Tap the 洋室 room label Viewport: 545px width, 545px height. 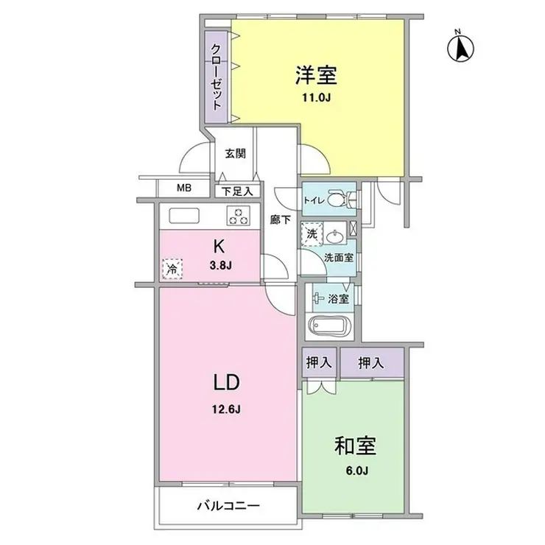pyautogui.click(x=316, y=75)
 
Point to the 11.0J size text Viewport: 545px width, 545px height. pyautogui.click(x=317, y=96)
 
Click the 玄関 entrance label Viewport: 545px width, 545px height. pyautogui.click(x=235, y=154)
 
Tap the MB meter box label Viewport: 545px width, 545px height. pyautogui.click(x=183, y=188)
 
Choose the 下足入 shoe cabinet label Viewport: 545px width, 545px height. pyautogui.click(x=237, y=191)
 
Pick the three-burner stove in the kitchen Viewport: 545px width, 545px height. pyautogui.click(x=237, y=216)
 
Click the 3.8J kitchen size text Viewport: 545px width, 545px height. pyautogui.click(x=219, y=267)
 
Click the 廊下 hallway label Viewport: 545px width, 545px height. pyautogui.click(x=280, y=219)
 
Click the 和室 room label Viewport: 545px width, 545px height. pyautogui.click(x=356, y=446)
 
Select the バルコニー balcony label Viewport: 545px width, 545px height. pyautogui.click(x=230, y=507)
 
